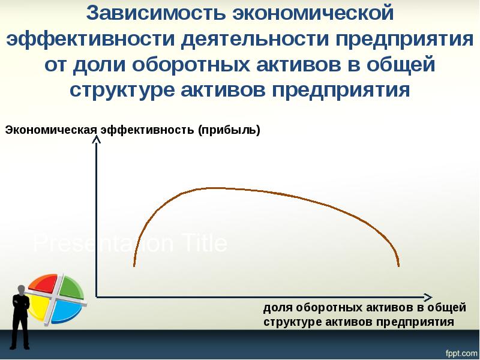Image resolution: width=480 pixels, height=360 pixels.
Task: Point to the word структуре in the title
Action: [121, 91]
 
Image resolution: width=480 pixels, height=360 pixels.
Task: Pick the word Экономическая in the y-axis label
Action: [52, 130]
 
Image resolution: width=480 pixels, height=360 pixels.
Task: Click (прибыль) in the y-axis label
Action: [230, 130]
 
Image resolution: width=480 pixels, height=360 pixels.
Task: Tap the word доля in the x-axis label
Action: [277, 308]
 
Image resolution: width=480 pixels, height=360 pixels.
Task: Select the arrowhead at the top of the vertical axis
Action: [96, 140]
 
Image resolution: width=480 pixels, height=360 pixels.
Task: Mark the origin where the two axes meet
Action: [96, 296]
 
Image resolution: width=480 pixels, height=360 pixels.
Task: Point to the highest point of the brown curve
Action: [210, 188]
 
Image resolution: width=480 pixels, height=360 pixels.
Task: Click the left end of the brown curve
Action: [134, 265]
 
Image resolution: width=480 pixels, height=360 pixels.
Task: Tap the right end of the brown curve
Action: [398, 265]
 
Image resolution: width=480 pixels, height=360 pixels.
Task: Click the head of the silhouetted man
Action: [20, 289]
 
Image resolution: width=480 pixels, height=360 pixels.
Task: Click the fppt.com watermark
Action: [460, 352]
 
